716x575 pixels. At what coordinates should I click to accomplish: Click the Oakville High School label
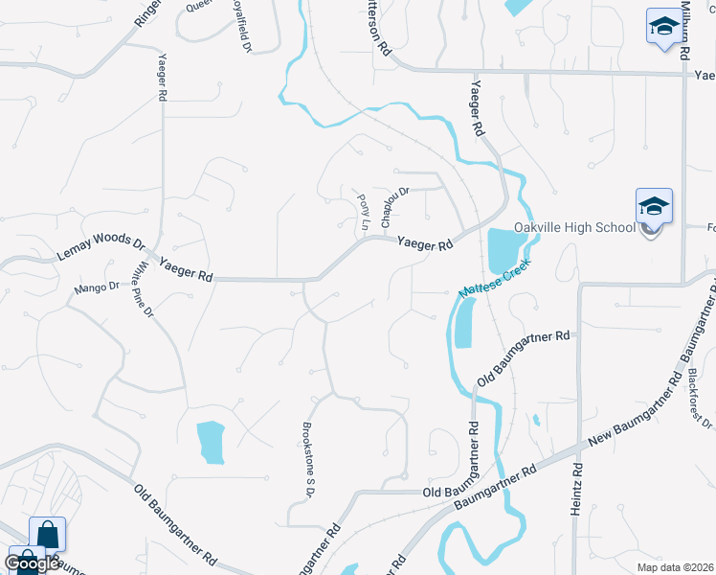coord(574,227)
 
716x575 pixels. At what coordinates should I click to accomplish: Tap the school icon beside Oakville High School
coord(654,207)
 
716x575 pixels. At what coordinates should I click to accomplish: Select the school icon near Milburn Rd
coord(662,28)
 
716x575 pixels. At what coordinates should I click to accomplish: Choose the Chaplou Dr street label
coord(394,206)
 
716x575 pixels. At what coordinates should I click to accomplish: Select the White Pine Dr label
coord(145,291)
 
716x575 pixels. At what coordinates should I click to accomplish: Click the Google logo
coord(32,563)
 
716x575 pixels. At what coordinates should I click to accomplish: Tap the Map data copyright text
coord(676,567)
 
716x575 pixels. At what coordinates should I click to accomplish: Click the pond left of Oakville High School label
coord(501,251)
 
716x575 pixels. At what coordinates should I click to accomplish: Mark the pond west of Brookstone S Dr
coord(211,442)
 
